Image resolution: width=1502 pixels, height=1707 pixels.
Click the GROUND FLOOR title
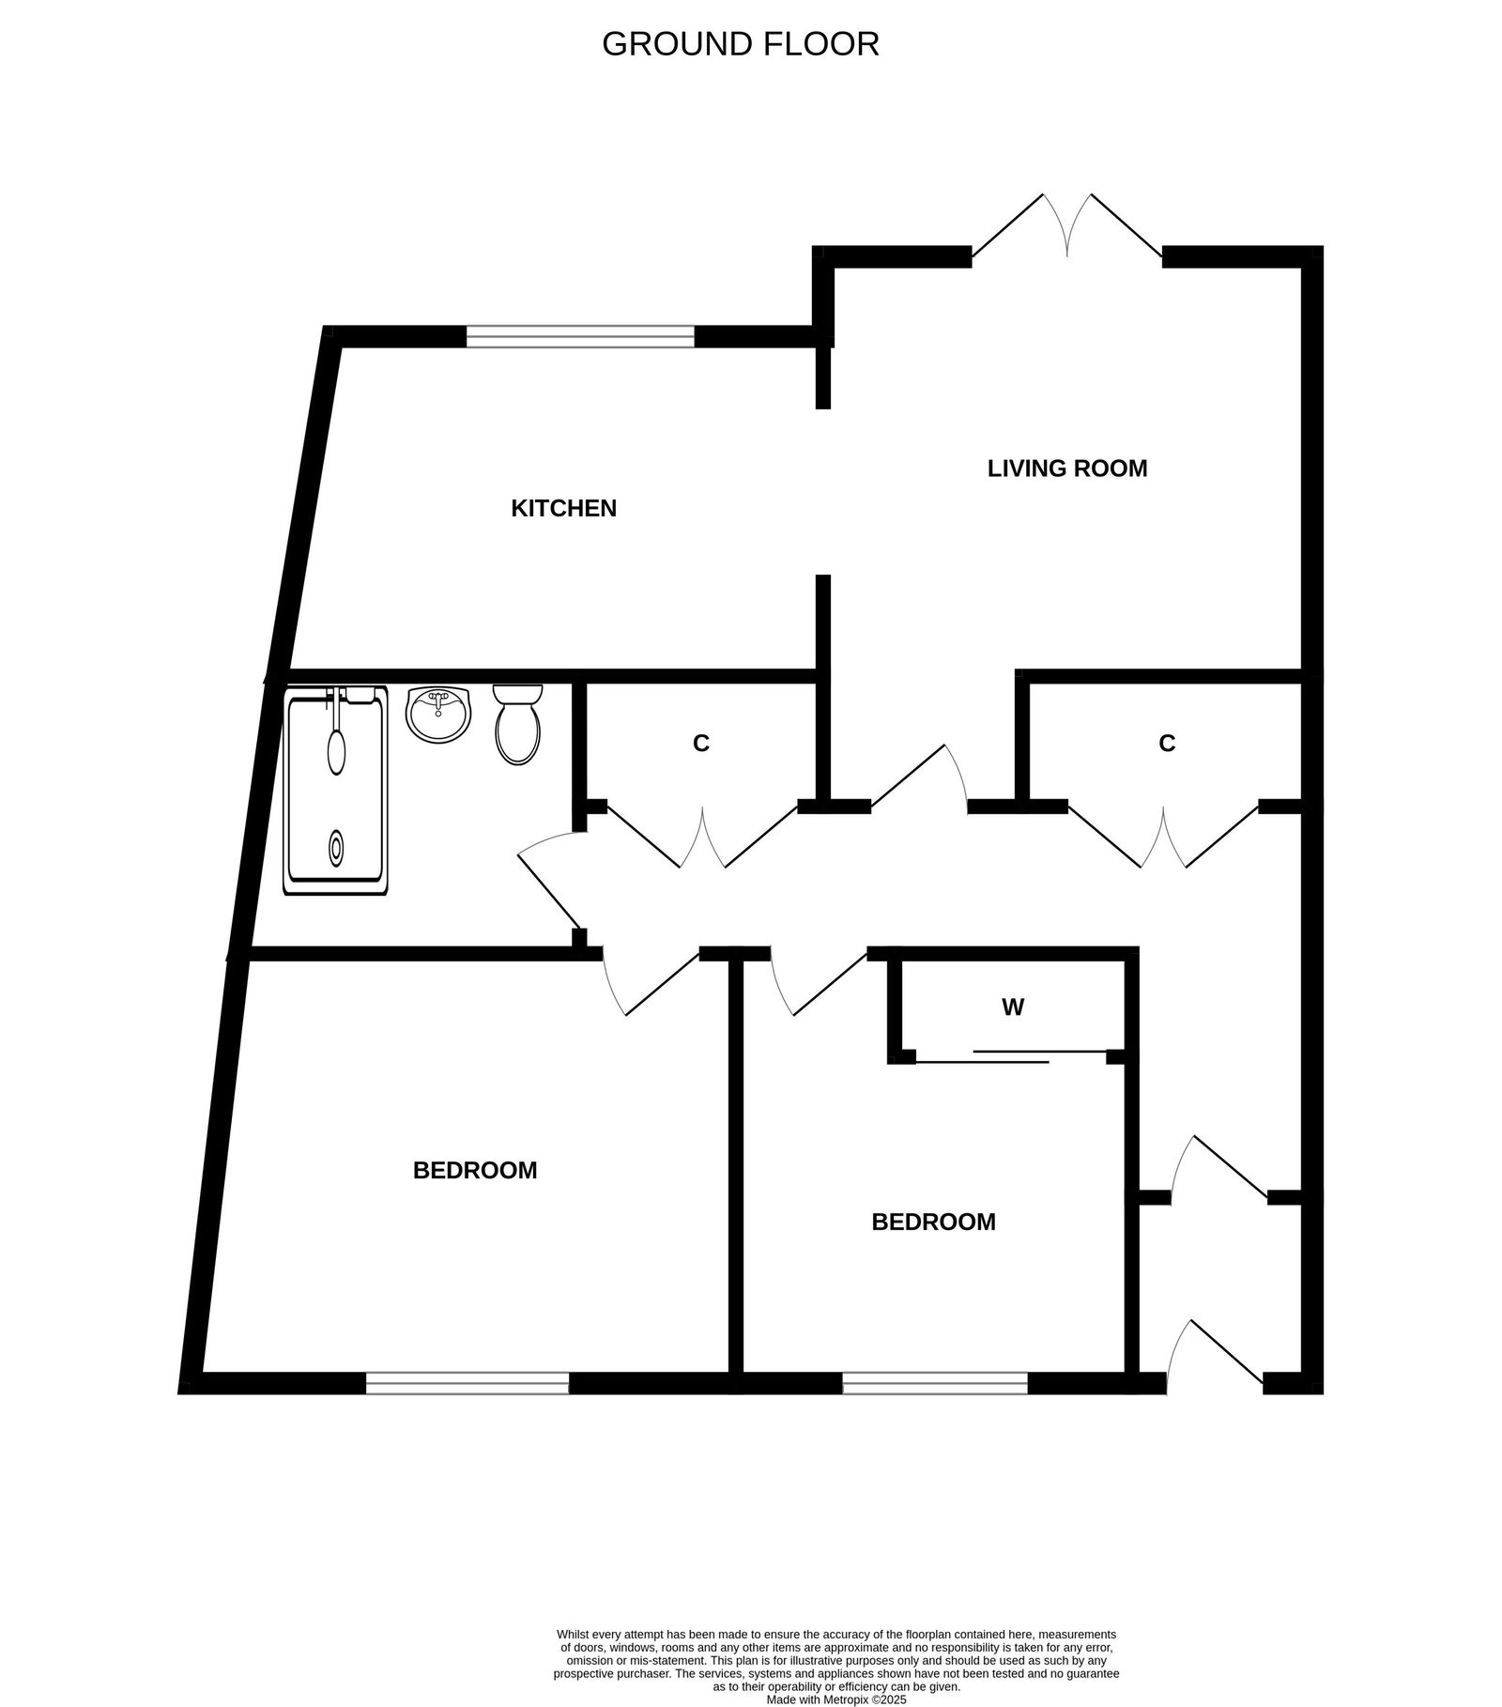pos(740,44)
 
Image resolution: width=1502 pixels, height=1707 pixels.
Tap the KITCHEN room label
pos(563,508)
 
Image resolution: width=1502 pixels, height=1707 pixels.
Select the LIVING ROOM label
pos(1067,468)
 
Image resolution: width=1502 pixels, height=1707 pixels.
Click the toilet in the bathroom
pos(517,724)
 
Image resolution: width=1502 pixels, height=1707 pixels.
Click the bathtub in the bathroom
pos(335,791)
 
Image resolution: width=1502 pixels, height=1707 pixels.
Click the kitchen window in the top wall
pos(580,336)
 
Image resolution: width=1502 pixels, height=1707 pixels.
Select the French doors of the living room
pos(1067,230)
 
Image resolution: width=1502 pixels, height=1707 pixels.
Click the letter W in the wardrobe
pos(1012,1007)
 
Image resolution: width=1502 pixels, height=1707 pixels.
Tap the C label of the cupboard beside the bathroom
pos(700,743)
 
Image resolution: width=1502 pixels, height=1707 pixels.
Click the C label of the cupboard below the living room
pos(1167,743)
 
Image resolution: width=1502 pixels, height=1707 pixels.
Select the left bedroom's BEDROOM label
pos(475,1170)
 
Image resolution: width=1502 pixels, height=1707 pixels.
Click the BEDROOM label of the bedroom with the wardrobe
pos(933,1222)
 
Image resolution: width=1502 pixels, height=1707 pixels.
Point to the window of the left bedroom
pos(467,1382)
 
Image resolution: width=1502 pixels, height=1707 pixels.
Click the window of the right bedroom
pos(935,1382)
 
